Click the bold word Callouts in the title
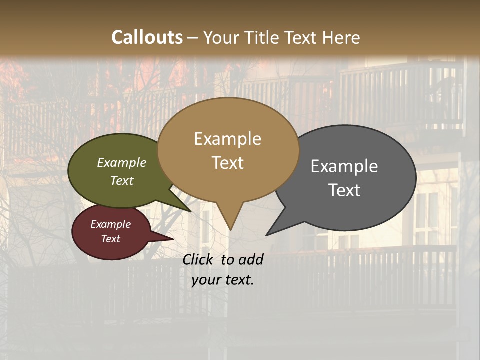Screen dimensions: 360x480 coord(147,37)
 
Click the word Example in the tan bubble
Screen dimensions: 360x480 coord(227,139)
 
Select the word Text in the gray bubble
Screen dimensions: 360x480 coord(345,190)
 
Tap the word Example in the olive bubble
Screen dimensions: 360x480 coord(122,162)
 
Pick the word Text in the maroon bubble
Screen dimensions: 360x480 coord(111,239)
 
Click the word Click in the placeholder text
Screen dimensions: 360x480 coord(199,259)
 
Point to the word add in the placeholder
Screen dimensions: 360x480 coord(251,259)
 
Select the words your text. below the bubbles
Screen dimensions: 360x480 coord(223,280)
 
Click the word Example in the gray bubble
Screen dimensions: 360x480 coord(344,166)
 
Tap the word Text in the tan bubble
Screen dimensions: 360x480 coord(228,163)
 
